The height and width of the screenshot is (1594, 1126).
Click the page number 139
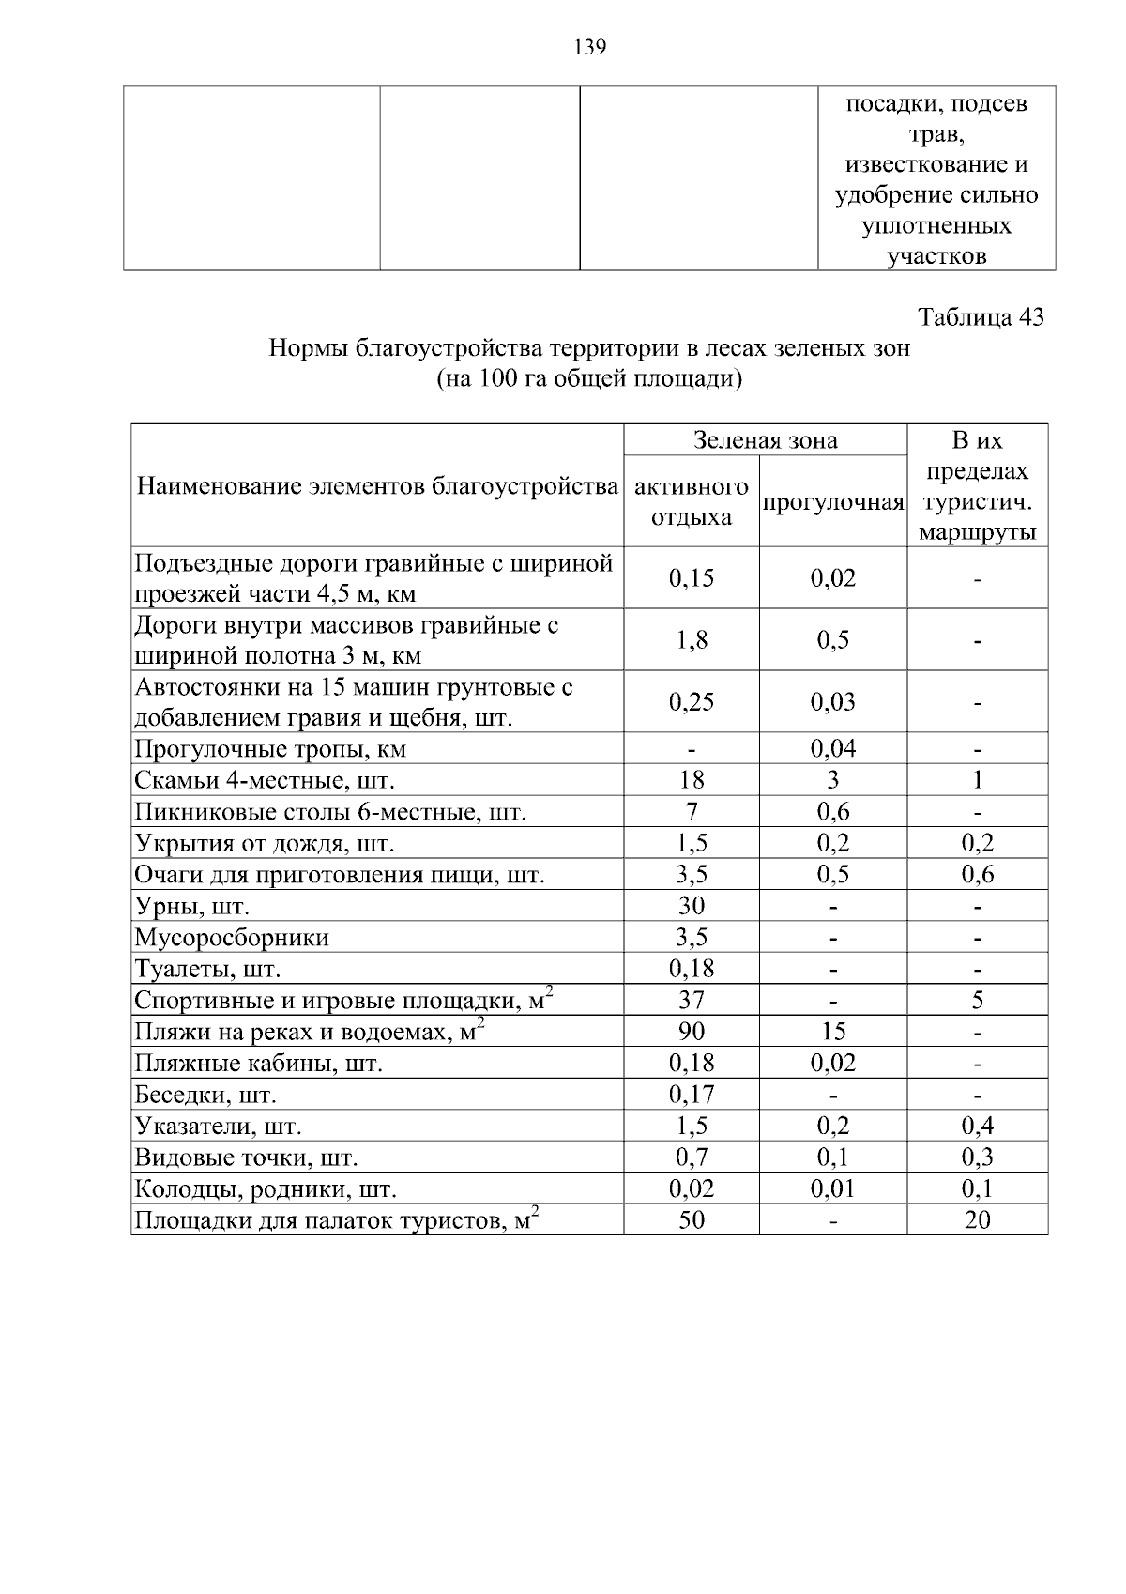coord(589,47)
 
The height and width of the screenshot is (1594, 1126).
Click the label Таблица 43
coord(981,316)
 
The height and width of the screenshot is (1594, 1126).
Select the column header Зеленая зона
coord(765,439)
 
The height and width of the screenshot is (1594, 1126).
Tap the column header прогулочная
coord(832,502)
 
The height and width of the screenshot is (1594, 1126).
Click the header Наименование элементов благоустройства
coord(377,486)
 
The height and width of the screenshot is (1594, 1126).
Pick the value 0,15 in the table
coord(691,578)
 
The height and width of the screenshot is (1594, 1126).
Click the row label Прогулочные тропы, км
coord(270,749)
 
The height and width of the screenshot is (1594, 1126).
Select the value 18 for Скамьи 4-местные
coord(691,780)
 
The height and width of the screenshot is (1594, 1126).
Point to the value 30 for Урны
coord(691,906)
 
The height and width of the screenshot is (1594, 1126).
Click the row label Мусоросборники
coord(232,938)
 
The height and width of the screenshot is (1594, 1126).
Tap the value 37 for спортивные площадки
coord(691,1001)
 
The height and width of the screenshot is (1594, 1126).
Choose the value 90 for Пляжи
coord(691,1032)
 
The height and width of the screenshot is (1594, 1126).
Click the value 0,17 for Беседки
coord(691,1095)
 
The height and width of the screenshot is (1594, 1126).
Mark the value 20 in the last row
coord(977,1220)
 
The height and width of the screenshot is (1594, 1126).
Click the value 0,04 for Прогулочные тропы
coord(832,749)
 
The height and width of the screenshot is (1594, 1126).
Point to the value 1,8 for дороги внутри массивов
coord(691,640)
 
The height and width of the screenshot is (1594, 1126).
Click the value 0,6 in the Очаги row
coord(977,875)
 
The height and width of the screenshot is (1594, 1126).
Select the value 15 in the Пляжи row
coord(832,1032)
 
